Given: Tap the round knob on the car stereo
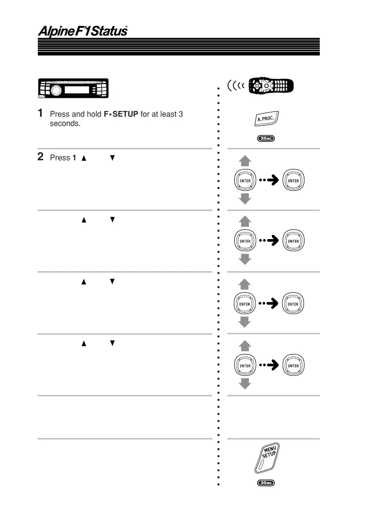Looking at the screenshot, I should click(56, 90).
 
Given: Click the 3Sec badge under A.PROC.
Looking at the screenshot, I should click(266, 139).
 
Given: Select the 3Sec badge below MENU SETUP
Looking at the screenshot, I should click(266, 483).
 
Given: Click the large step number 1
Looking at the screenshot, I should click(41, 114).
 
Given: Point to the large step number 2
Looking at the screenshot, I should click(41, 157).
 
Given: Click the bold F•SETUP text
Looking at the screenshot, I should click(121, 114).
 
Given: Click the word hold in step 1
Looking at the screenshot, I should click(94, 114).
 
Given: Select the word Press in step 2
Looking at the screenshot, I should click(60, 158).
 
